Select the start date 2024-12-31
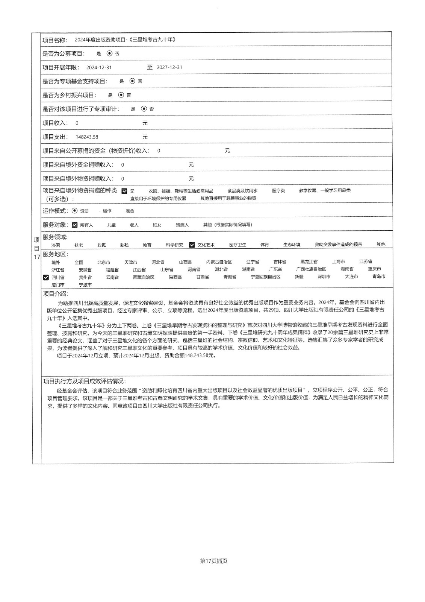99,68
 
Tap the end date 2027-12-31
169,68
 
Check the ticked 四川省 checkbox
46,278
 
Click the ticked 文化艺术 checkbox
192,245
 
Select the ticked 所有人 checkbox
75,225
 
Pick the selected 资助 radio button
74,211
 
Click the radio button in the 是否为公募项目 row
109,54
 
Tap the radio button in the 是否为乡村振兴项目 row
121,95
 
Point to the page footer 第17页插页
214,561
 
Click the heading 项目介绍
56,294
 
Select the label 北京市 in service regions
104,262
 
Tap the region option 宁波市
85,285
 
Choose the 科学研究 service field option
175,245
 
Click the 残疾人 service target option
182,225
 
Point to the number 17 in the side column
37,257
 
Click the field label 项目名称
55,40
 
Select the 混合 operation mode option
130,211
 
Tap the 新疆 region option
299,277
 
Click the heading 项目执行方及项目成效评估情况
85,381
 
